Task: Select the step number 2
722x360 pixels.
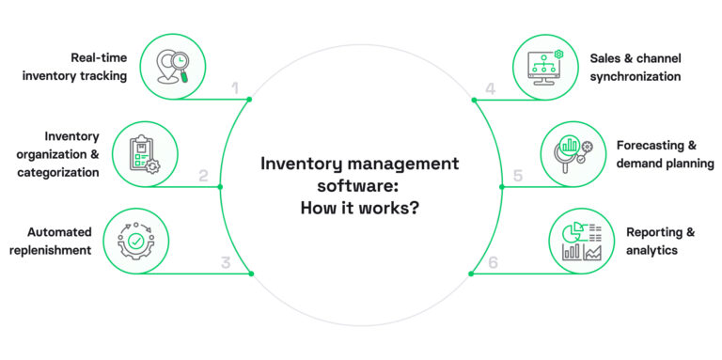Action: tap(204, 176)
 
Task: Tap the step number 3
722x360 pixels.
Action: tap(226, 262)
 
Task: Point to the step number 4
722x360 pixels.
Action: tap(491, 89)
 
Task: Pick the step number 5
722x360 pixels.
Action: tap(517, 176)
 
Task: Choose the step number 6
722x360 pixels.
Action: tap(494, 262)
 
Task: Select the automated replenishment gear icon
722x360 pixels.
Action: tap(137, 239)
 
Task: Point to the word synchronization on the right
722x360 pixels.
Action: tap(636, 76)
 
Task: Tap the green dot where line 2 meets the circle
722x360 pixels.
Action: tap(220, 187)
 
